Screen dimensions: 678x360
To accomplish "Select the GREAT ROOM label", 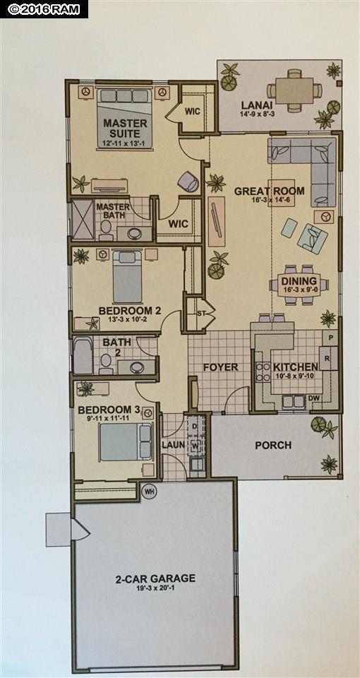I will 269,191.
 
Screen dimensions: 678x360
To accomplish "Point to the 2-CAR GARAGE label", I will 155,578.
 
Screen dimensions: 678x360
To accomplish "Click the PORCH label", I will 274,445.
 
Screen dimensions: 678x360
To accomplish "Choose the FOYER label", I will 221,367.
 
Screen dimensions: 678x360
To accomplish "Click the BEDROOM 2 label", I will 124,310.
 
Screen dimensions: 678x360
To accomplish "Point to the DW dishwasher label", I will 315,398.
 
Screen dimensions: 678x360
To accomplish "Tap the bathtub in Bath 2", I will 83,356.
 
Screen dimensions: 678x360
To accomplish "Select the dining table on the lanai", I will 294,90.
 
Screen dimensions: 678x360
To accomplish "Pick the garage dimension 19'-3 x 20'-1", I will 155,588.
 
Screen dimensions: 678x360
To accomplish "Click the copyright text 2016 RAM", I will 44,8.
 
